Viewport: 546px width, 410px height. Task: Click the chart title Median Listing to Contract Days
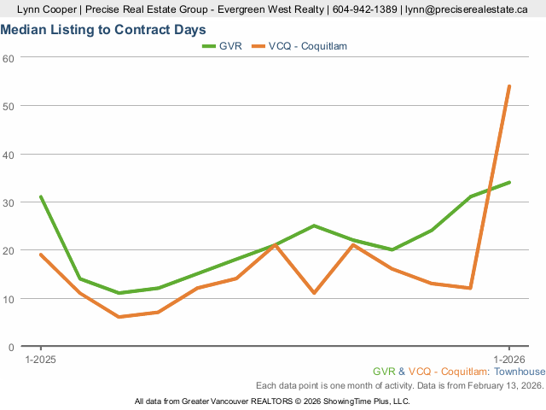(103, 30)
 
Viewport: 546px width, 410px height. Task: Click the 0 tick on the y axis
(11, 347)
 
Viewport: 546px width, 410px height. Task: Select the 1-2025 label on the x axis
(41, 359)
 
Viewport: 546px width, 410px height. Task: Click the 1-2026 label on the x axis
(509, 359)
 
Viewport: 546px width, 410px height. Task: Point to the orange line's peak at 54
(509, 86)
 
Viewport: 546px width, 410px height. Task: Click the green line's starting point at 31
(41, 197)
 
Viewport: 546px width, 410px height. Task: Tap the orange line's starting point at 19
(41, 255)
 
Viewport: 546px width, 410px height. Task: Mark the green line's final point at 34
(509, 183)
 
